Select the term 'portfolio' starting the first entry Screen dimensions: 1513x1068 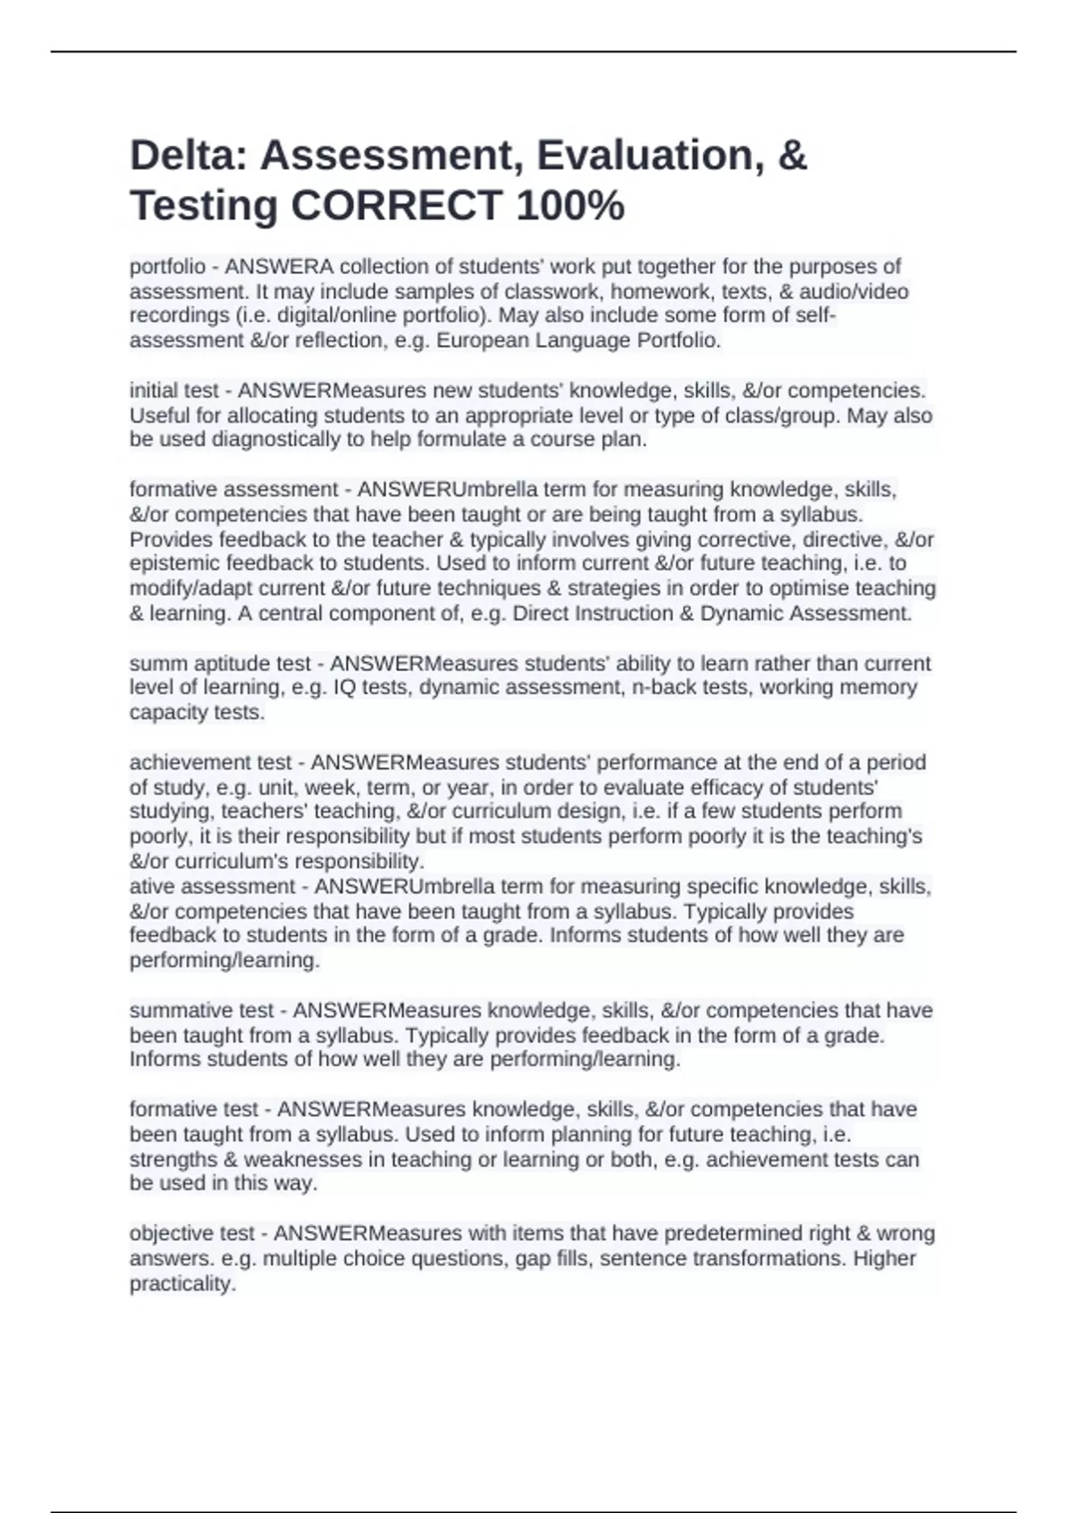click(x=167, y=267)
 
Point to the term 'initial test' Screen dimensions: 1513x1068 click(x=174, y=391)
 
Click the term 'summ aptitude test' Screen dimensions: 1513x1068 click(x=220, y=664)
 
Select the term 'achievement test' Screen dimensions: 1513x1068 click(x=210, y=763)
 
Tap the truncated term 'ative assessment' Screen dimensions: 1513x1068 click(x=212, y=886)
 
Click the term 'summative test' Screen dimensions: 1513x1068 click(x=202, y=1011)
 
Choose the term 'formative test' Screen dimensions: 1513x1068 click(x=194, y=1110)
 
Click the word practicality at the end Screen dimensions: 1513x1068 click(x=182, y=1283)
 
